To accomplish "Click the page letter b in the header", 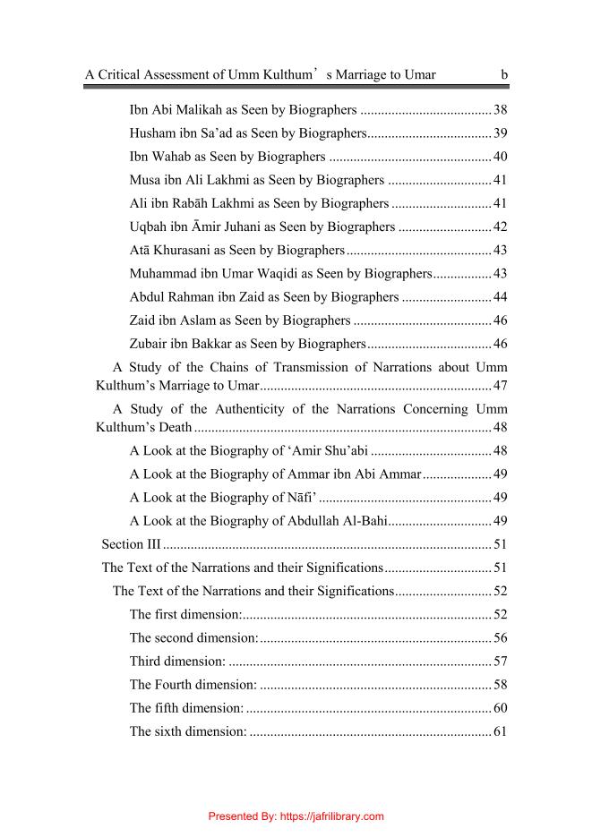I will click(504, 74).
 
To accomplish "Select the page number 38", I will click(501, 110).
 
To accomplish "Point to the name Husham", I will click(151, 133).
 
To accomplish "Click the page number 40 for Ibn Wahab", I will click(501, 157).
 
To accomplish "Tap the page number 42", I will click(501, 226).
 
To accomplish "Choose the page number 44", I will click(501, 296).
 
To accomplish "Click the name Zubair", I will click(150, 343).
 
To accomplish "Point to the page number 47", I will click(501, 386).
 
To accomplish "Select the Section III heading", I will click(124, 544).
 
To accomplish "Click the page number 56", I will click(501, 637).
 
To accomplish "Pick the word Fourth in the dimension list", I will click(178, 685).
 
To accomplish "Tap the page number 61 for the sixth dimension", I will click(501, 731).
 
